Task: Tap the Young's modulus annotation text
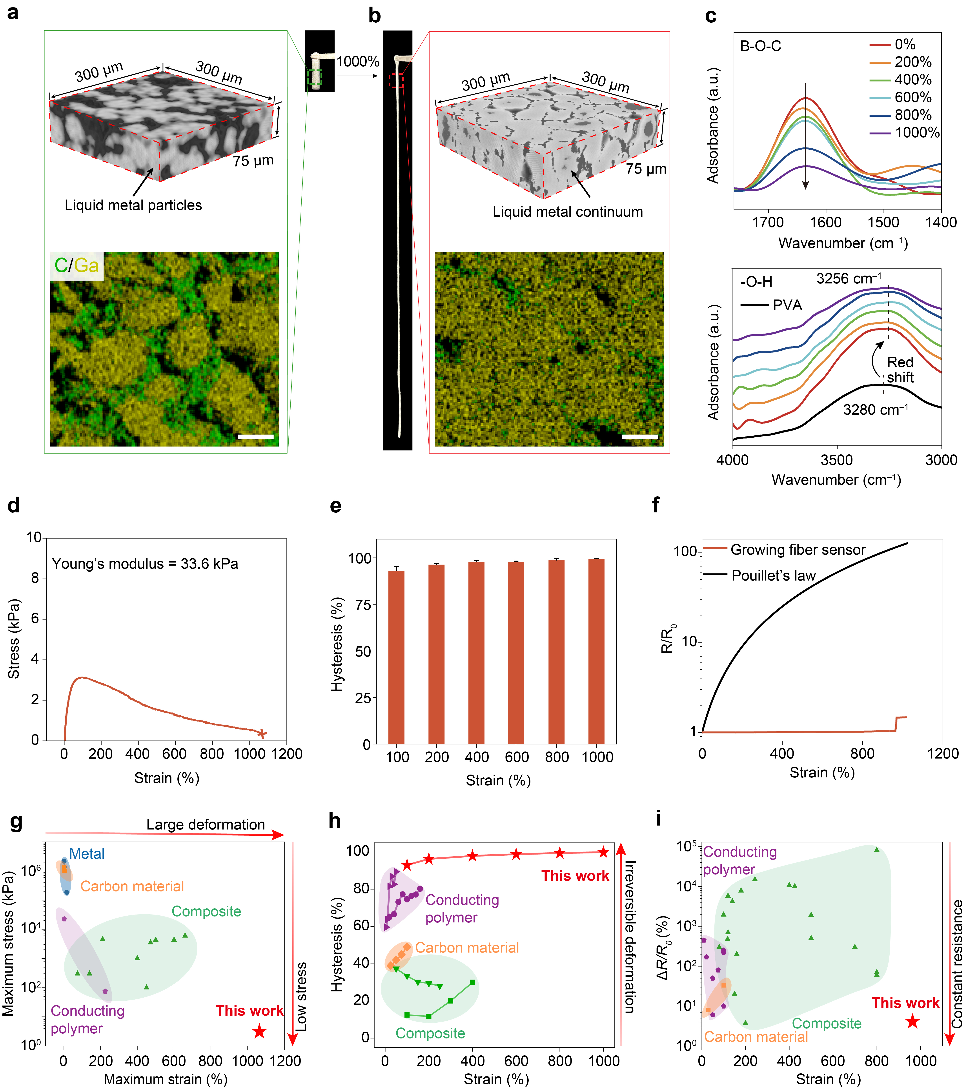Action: coord(145,564)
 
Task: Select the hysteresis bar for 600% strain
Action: coord(516,653)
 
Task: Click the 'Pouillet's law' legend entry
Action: coord(760,575)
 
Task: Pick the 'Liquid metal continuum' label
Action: coord(568,212)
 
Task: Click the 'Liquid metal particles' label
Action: coord(133,205)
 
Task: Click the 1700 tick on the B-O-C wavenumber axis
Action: coord(768,222)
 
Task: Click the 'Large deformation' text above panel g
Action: coord(206,825)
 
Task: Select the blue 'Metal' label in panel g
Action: coord(87,854)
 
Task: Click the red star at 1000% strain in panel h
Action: coord(603,852)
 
